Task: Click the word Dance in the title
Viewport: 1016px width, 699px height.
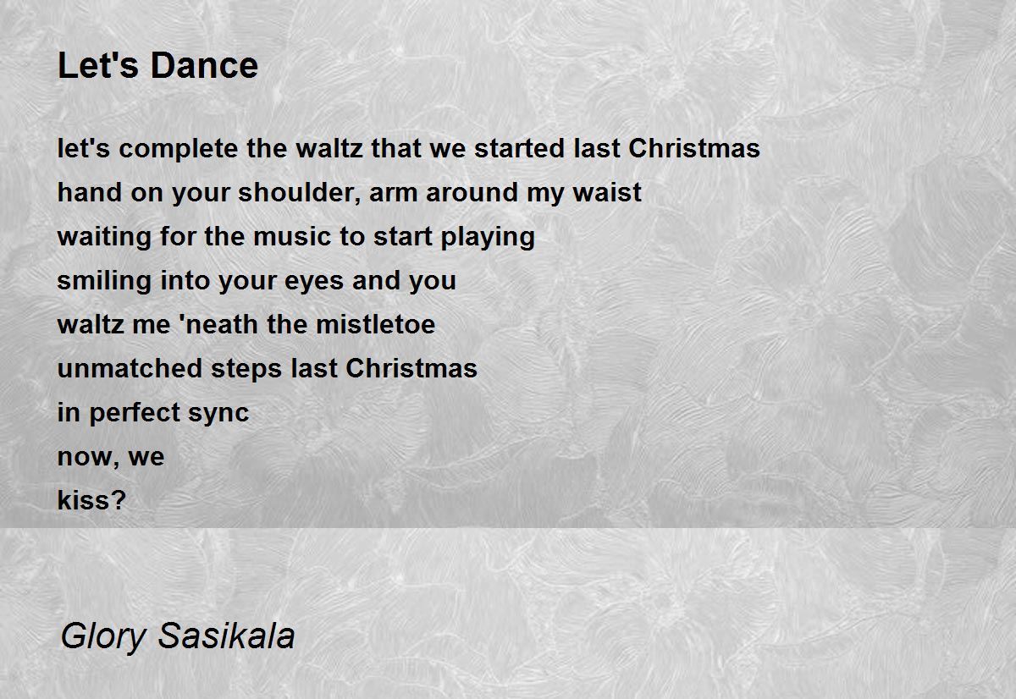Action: coord(204,66)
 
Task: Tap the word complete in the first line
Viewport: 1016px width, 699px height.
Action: coord(179,149)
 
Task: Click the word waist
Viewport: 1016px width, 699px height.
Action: coord(607,193)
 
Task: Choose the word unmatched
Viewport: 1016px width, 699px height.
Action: coord(130,368)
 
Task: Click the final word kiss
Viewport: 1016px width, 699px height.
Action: coord(91,500)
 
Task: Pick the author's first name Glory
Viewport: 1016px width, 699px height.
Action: coord(103,636)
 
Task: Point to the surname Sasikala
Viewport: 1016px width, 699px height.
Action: coord(226,635)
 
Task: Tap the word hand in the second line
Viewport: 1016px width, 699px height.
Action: coord(90,192)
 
